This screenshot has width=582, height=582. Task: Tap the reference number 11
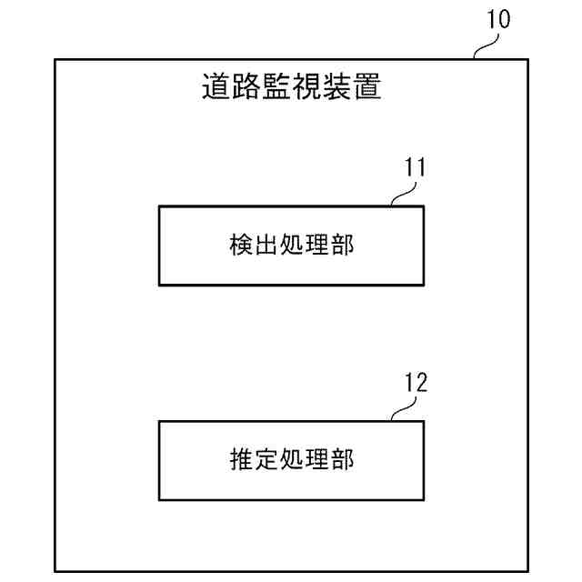click(414, 168)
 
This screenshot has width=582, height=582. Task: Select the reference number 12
click(414, 383)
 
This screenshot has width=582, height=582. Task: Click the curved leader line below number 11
click(400, 196)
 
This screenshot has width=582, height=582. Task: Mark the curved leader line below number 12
click(400, 411)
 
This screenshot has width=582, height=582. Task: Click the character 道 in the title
click(214, 88)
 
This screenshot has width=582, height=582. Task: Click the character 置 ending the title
click(367, 88)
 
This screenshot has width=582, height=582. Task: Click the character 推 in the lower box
click(240, 460)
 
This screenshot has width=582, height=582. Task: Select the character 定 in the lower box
click(266, 460)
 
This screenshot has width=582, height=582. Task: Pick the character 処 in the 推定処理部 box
click(291, 460)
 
